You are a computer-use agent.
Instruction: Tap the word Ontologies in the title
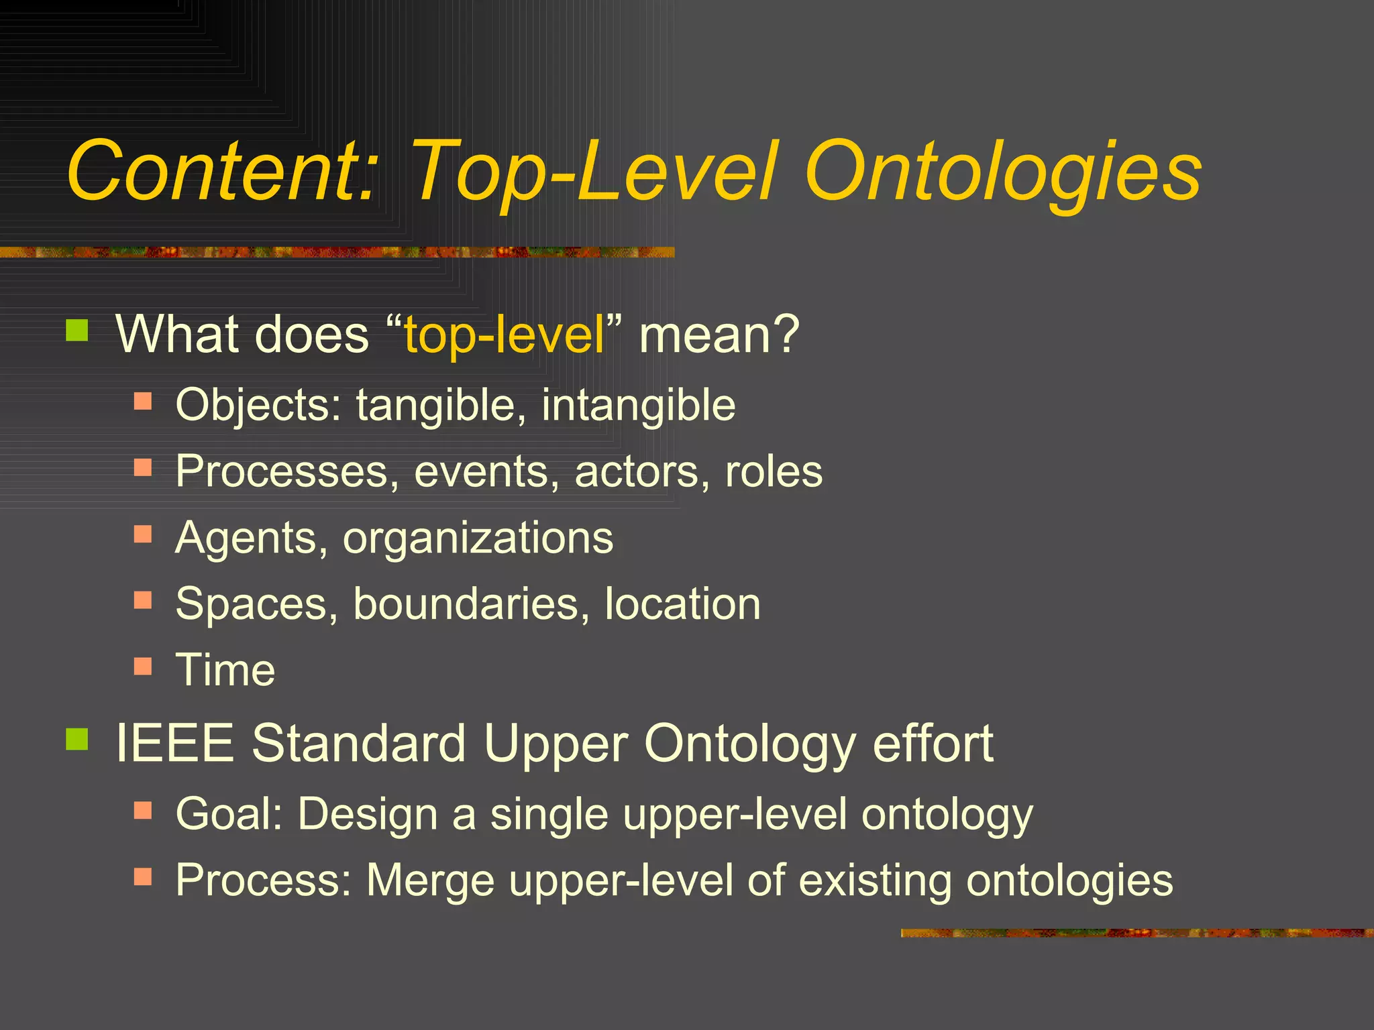[1003, 173]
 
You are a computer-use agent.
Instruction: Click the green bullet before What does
[78, 330]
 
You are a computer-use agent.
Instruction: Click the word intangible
[638, 405]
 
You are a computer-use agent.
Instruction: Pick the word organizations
[478, 538]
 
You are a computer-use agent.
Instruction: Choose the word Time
[225, 670]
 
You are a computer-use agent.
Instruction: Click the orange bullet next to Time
[143, 666]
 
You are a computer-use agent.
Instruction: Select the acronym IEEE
[175, 743]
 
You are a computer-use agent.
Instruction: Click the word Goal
[228, 813]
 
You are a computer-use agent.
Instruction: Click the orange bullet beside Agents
[143, 534]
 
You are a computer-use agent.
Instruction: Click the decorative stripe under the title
[335, 252]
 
